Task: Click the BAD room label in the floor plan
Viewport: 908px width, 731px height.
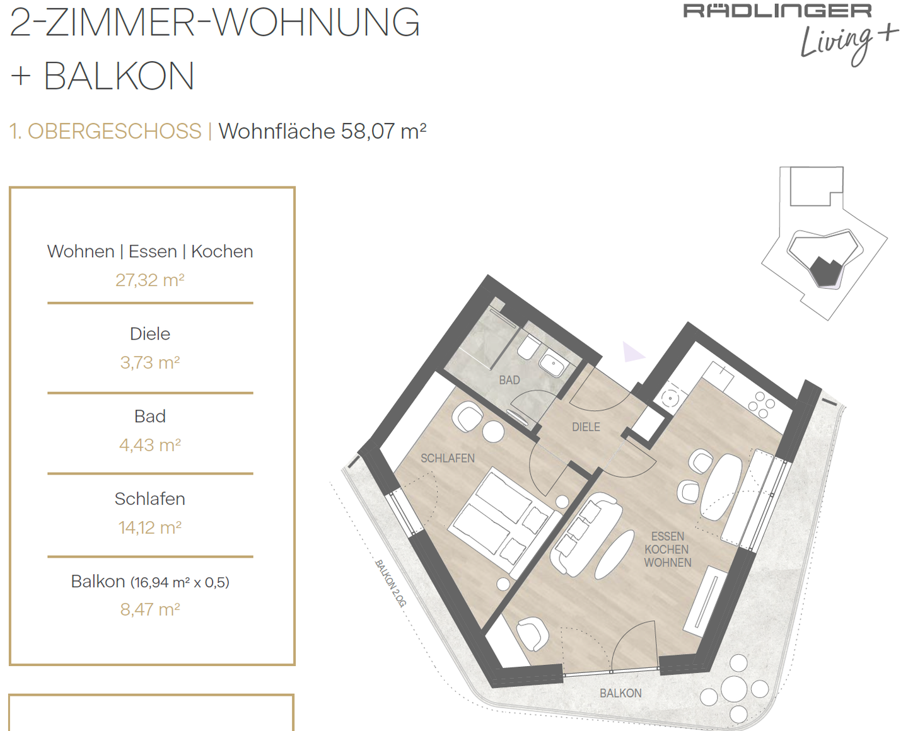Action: (509, 380)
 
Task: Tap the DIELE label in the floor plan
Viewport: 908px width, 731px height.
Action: (586, 427)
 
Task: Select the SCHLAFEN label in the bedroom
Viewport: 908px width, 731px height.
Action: (448, 458)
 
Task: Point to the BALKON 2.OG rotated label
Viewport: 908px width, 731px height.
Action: (390, 584)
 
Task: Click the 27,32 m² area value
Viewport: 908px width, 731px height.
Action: (150, 280)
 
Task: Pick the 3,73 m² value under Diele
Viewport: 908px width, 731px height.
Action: (150, 363)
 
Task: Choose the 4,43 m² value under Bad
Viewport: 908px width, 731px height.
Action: (150, 445)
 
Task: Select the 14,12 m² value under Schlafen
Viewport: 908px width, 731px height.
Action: (150, 527)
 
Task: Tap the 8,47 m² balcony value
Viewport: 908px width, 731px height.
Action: (150, 610)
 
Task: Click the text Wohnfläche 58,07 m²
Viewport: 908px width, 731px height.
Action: (322, 131)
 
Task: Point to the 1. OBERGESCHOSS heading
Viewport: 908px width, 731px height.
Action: (105, 131)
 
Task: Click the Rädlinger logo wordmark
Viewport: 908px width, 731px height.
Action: (777, 11)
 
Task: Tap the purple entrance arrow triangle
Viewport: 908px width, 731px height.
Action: (633, 353)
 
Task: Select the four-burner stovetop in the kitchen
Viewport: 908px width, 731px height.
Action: (762, 405)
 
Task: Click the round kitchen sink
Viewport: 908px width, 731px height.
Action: (670, 398)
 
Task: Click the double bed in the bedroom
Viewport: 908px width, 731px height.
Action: (503, 524)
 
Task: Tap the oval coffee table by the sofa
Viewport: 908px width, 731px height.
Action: (614, 555)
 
